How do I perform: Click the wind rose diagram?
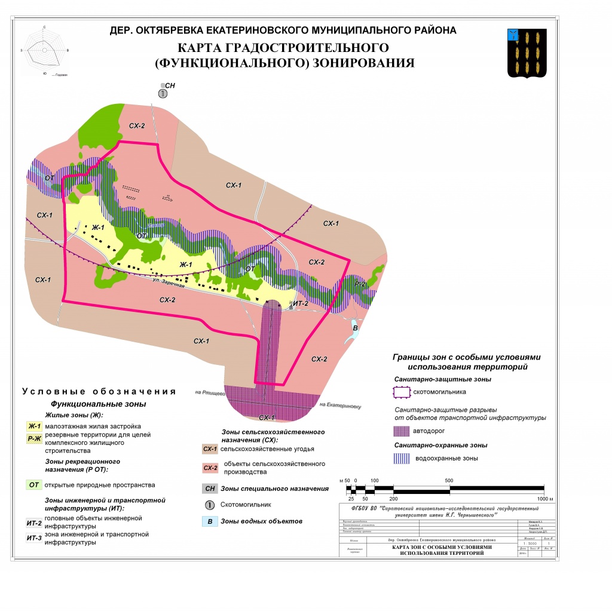(45, 50)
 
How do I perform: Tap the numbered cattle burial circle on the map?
(163, 94)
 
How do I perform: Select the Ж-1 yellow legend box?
(34, 426)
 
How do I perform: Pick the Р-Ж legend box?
(34, 439)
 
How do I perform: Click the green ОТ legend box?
(34, 485)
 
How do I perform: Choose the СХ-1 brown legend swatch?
(209, 449)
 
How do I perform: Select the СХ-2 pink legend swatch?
(209, 468)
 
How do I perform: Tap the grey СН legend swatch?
(209, 489)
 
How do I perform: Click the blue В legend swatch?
(209, 521)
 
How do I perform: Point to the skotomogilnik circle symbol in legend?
(209, 505)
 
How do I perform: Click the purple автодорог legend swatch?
(401, 431)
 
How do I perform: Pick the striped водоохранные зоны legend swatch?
(401, 458)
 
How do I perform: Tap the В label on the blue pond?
(355, 328)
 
